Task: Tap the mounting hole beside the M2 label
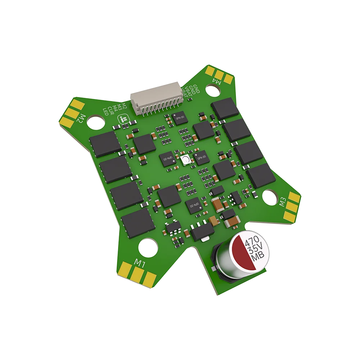coord(96,122)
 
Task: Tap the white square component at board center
coord(186,160)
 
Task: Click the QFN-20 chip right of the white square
coord(201,157)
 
